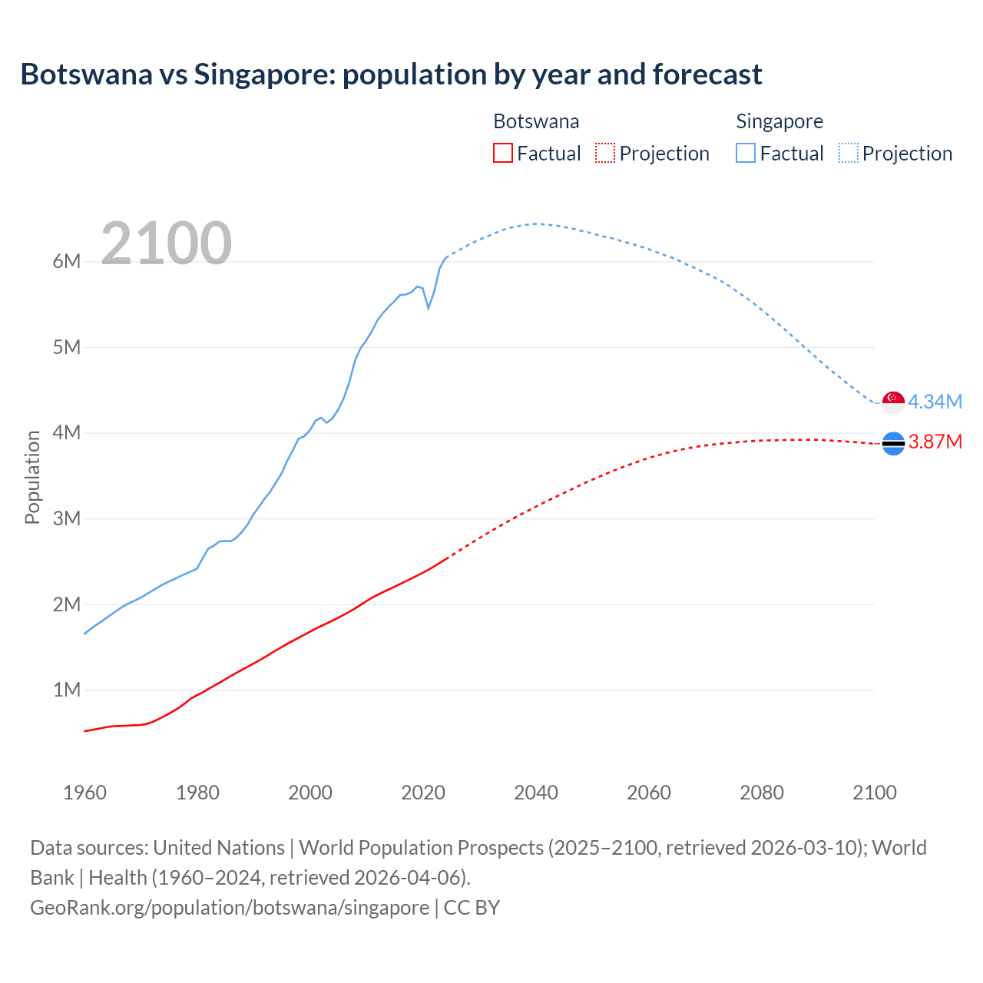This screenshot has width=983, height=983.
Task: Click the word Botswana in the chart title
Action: (x=87, y=74)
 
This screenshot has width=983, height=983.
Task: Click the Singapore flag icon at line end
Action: (x=893, y=402)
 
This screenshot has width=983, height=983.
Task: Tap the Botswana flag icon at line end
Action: (x=893, y=443)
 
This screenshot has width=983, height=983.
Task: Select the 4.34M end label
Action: (x=935, y=402)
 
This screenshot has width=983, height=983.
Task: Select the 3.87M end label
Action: (x=935, y=442)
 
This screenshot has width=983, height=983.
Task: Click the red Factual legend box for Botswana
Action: (x=502, y=153)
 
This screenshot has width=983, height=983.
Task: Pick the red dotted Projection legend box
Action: (x=605, y=153)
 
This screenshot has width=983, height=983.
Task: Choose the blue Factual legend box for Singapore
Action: (x=745, y=153)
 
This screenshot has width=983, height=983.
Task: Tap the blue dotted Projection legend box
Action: (x=848, y=153)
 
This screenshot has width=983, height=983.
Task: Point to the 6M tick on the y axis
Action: (x=67, y=261)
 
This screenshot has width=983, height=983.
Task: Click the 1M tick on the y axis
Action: (x=67, y=690)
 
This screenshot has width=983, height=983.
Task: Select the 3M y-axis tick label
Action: (x=67, y=518)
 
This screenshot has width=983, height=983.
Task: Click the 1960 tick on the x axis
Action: (x=84, y=793)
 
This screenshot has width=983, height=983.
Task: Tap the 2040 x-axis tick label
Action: (x=535, y=793)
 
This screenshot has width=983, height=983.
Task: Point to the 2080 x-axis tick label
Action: (x=761, y=793)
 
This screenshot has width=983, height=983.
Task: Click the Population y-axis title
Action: (x=32, y=477)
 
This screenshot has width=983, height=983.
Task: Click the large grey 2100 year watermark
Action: (x=166, y=243)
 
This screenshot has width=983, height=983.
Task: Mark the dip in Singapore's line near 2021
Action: (x=429, y=307)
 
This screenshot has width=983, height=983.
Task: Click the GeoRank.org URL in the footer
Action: (x=230, y=908)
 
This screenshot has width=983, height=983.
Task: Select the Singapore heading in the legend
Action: (x=779, y=121)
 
